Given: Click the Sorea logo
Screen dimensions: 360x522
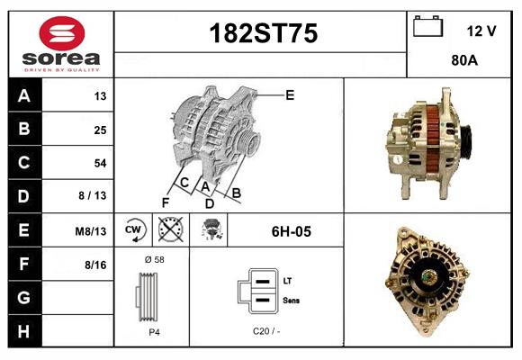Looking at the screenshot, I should [x=60, y=44].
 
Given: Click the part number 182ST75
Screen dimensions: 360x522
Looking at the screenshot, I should [x=263, y=34].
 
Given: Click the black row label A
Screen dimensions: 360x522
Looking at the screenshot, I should [x=23, y=96].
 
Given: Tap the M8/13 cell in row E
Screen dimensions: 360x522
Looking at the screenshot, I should [x=90, y=231].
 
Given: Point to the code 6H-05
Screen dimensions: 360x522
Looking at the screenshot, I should [x=291, y=231].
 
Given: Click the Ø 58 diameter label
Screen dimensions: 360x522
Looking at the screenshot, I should [x=154, y=260].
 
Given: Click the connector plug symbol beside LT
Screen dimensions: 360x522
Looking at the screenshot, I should [x=256, y=290].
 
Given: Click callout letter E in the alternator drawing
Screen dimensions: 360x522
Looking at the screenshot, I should [x=290, y=94].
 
